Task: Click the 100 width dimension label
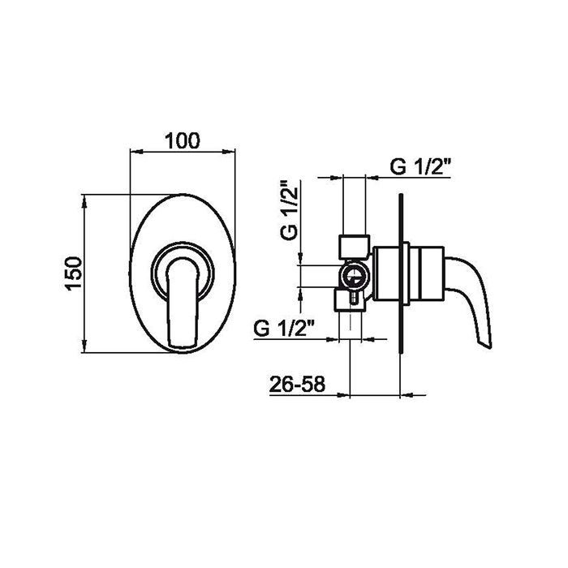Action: (x=183, y=141)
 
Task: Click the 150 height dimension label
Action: (x=74, y=273)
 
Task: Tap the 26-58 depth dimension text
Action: (x=297, y=385)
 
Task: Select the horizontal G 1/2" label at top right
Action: (x=420, y=167)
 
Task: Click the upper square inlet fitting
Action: (x=354, y=247)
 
